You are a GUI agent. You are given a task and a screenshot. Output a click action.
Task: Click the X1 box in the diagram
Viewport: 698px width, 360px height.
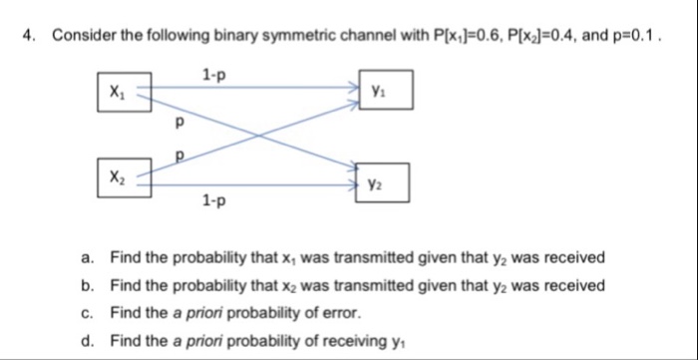[x=124, y=91]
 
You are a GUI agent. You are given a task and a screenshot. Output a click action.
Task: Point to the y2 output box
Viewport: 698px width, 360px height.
[x=383, y=181]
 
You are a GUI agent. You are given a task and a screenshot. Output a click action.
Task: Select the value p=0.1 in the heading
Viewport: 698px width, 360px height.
[x=635, y=37]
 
